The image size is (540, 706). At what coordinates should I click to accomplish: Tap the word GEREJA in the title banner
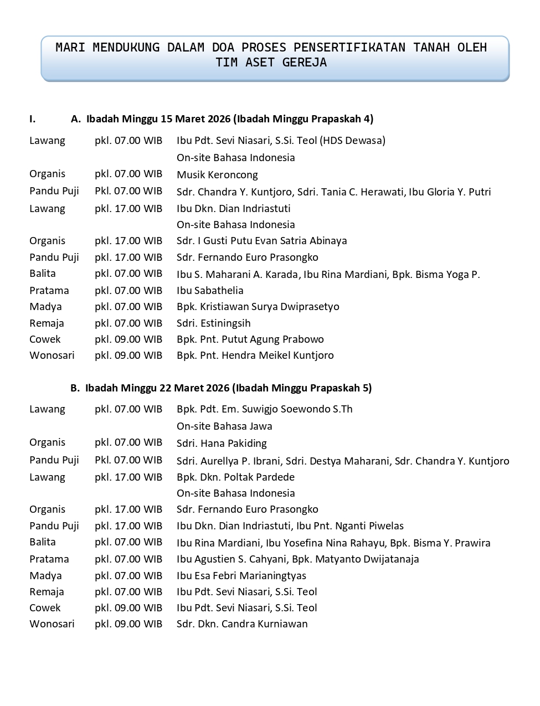(x=305, y=63)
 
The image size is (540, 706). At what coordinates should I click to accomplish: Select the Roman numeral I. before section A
(x=33, y=119)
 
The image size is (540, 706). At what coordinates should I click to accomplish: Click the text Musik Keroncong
(x=217, y=175)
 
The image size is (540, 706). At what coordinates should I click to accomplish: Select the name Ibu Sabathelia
(x=210, y=291)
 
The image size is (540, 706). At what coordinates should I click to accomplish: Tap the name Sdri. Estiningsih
(x=213, y=323)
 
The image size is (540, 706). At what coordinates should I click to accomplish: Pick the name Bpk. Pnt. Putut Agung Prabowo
(x=250, y=339)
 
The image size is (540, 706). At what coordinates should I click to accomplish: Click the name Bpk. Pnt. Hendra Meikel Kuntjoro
(x=255, y=355)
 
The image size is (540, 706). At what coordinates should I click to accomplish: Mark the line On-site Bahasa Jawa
(x=224, y=426)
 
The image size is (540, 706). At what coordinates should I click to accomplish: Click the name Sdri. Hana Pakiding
(x=222, y=444)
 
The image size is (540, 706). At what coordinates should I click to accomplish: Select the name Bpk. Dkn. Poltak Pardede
(x=235, y=477)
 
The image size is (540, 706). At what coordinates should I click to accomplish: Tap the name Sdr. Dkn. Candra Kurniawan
(x=242, y=624)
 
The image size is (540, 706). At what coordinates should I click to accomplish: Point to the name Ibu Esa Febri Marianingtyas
(x=241, y=576)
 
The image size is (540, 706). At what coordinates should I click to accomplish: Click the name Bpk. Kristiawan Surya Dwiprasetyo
(x=258, y=307)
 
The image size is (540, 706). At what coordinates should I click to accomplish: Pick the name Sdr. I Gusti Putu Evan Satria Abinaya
(x=261, y=241)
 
